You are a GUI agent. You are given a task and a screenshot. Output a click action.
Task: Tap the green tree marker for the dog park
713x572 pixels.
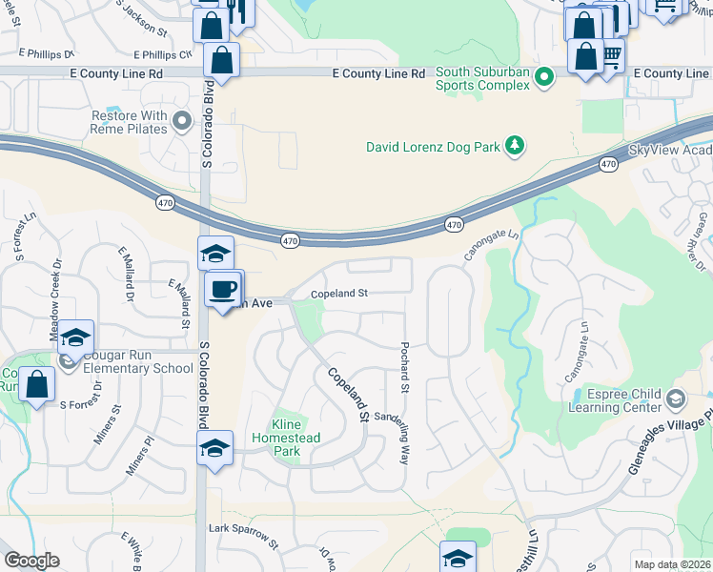[516, 145]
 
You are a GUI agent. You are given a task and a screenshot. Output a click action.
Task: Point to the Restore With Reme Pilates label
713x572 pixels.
[129, 122]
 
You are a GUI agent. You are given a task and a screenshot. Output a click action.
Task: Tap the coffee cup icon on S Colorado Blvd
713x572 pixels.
[223, 288]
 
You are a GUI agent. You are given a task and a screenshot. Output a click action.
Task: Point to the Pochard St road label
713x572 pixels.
[404, 367]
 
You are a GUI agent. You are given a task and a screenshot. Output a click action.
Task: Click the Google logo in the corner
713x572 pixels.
[31, 561]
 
